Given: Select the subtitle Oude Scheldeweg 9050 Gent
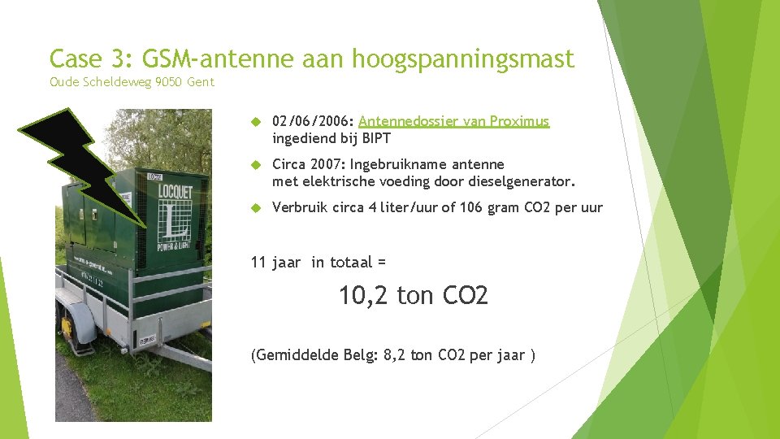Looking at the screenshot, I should (132, 81).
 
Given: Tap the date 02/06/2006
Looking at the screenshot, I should (308, 121).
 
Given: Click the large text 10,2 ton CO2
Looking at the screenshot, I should (414, 295).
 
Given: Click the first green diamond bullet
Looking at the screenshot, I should (255, 122).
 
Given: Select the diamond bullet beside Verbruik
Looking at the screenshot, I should (255, 208).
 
